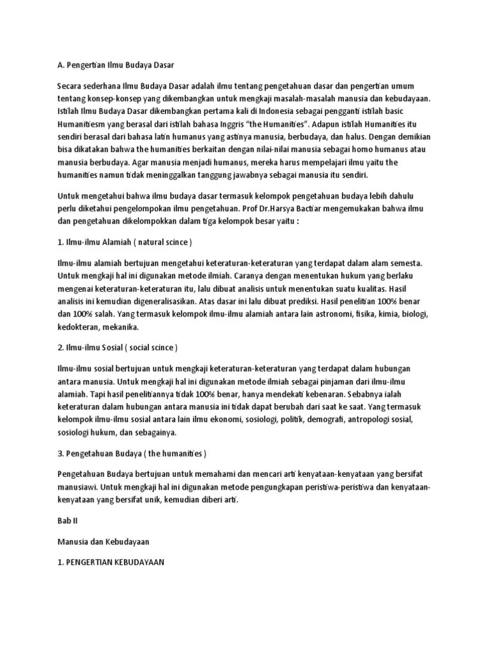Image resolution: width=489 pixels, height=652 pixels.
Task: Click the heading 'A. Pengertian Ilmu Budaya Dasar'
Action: pos(115,65)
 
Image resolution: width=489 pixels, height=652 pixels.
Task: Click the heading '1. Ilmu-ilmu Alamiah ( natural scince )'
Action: pos(124,243)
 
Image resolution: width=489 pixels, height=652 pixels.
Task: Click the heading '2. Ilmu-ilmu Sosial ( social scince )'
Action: pos(117,348)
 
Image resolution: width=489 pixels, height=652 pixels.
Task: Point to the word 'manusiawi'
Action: pos(77,488)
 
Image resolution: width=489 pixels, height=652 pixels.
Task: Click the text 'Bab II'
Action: pos(67,520)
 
